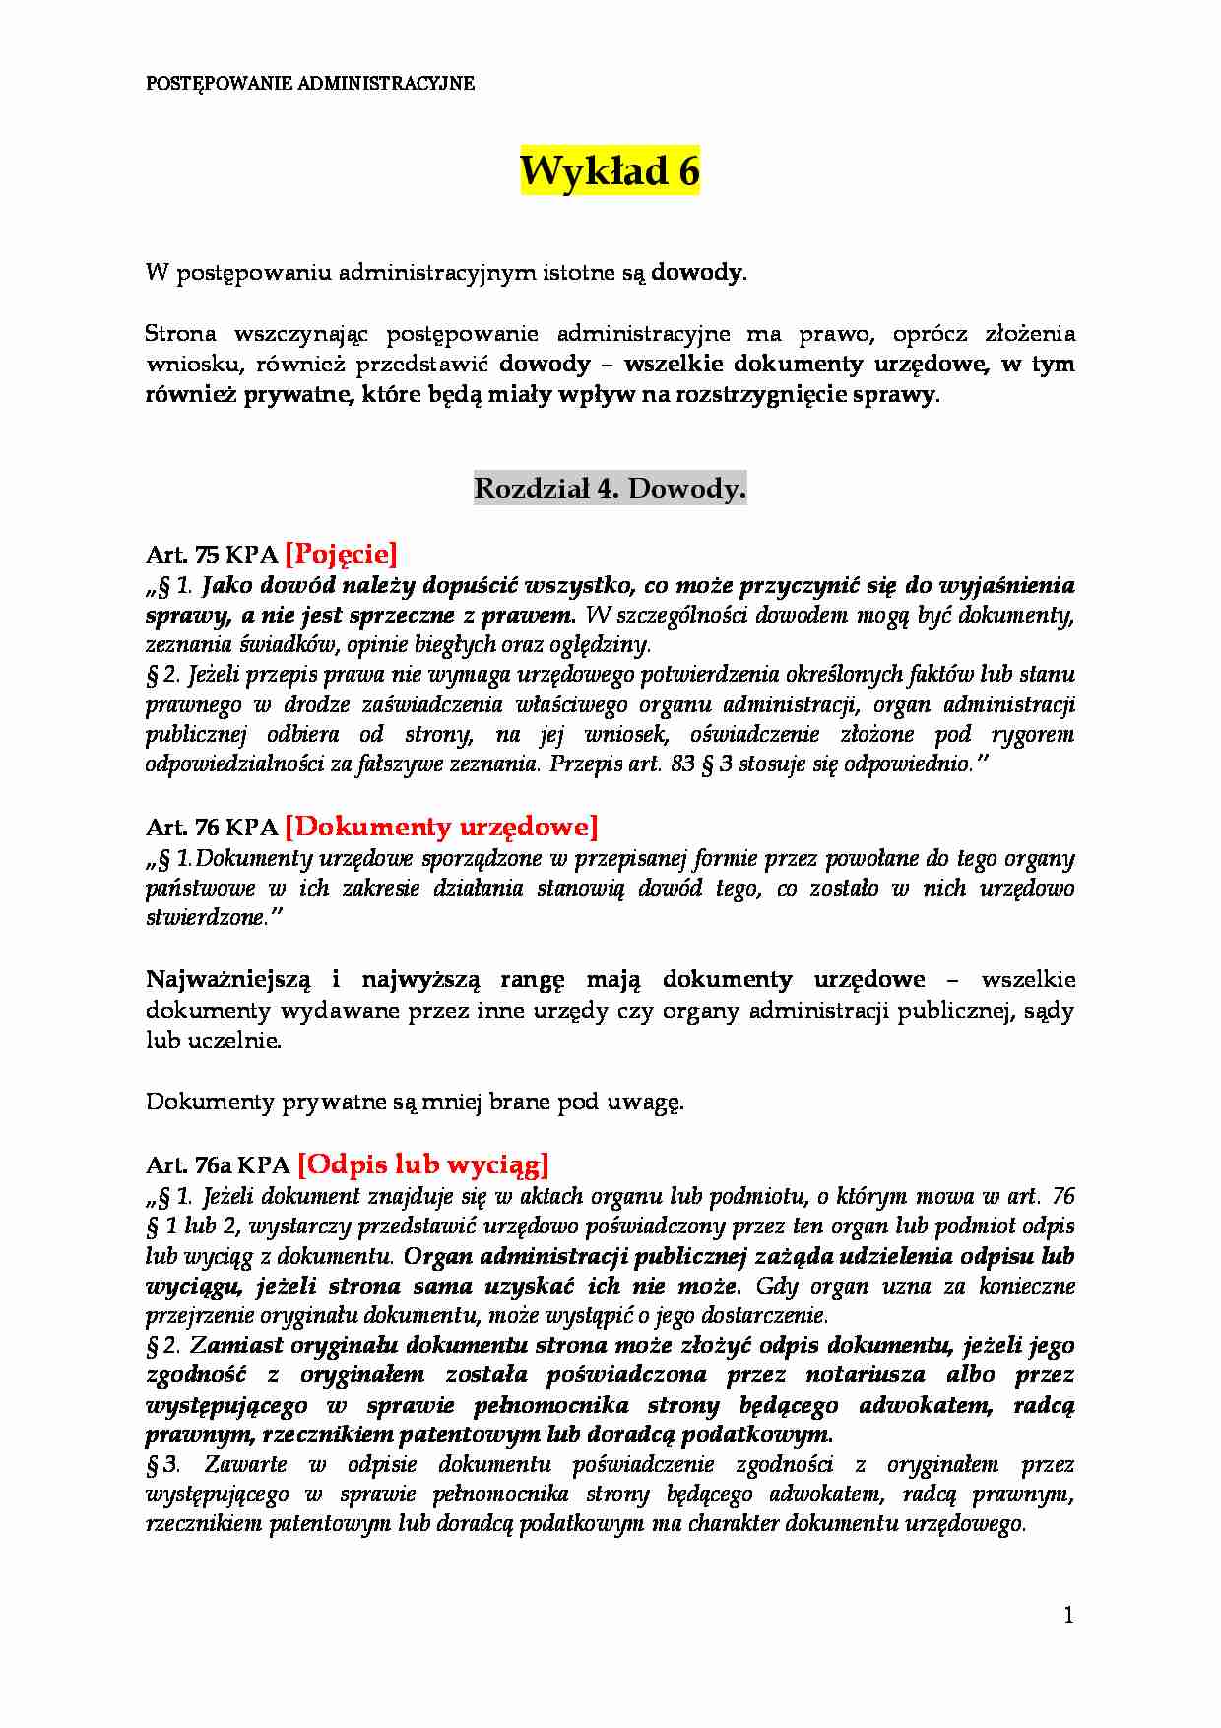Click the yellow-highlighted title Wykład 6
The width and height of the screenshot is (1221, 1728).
coord(610,171)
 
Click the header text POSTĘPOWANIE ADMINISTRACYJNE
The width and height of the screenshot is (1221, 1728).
coord(310,84)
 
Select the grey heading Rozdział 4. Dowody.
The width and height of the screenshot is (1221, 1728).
coord(610,488)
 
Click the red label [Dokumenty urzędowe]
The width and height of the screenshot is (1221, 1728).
coord(441,826)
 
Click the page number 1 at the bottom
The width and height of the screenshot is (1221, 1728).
coord(1069,1615)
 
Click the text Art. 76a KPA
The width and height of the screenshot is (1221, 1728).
coord(218,1165)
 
